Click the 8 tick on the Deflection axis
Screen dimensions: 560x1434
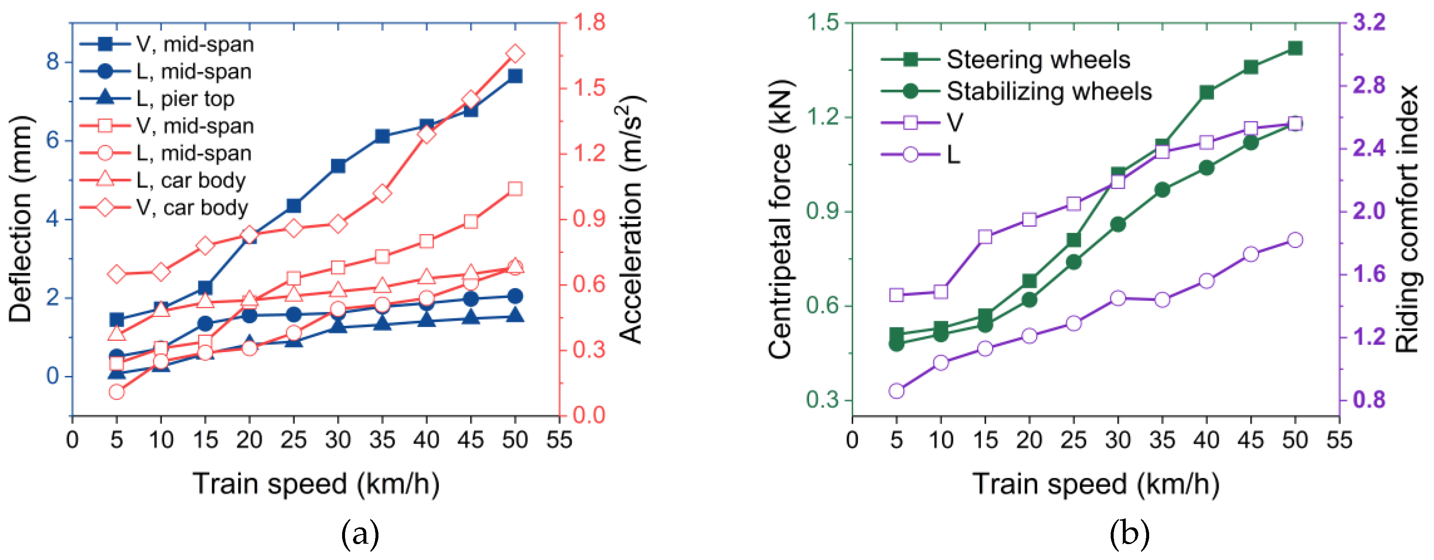point(53,61)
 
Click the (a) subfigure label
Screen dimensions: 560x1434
point(360,534)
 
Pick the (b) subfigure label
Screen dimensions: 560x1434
point(1129,534)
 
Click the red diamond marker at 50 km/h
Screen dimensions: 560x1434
point(515,54)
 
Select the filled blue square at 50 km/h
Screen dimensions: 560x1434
point(515,76)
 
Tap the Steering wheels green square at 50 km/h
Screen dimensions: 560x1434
point(1295,49)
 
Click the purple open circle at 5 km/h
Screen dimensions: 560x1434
point(896,391)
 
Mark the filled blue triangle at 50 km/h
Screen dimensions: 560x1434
point(515,316)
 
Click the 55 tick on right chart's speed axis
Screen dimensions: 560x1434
point(1339,440)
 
